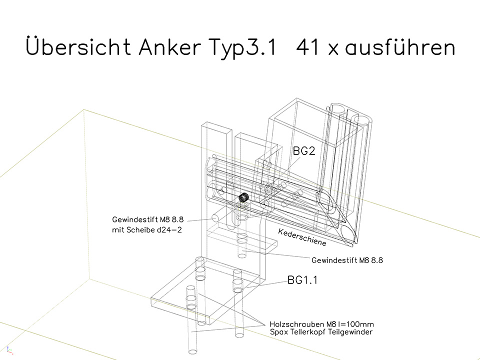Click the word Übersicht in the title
coord(78,46)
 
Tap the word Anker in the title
coord(170,46)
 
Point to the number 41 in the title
coord(307,47)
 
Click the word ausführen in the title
coord(400,46)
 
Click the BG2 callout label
coord(304,151)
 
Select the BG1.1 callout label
coord(302,280)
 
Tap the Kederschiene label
coord(302,237)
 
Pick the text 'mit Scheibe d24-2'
coord(147,229)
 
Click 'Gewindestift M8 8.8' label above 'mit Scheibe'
coord(148,219)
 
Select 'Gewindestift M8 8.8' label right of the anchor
coord(347,260)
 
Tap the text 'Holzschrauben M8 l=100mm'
coord(321,324)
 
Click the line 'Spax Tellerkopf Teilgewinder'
coord(321,332)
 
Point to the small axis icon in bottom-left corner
coord(9,350)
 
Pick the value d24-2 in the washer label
coord(169,229)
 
